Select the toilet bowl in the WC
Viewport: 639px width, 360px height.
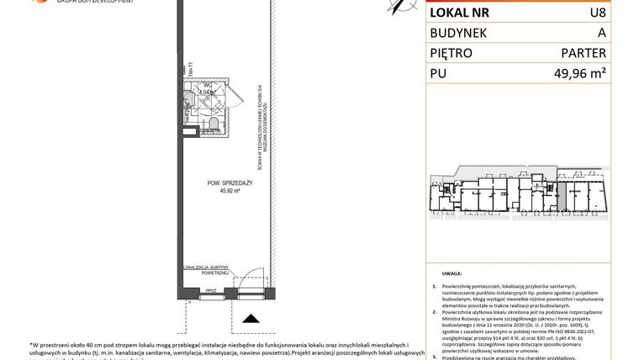(x=213, y=127)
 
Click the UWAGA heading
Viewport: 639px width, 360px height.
(x=452, y=274)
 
